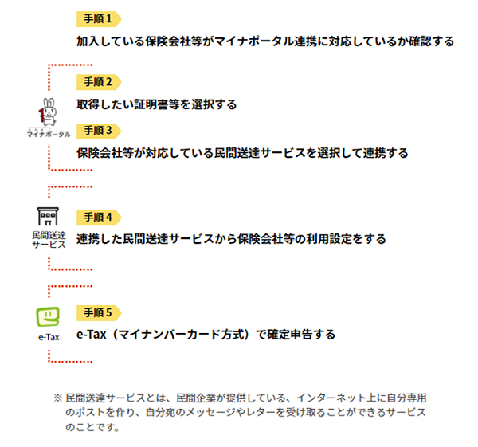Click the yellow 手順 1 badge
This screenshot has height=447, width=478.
pyautogui.click(x=99, y=19)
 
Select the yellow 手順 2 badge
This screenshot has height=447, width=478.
pyautogui.click(x=99, y=82)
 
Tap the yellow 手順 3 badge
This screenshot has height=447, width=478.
pyautogui.click(x=99, y=131)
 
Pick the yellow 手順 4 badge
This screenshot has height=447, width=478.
pyautogui.click(x=99, y=218)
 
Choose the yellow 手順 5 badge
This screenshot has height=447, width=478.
pyautogui.click(x=99, y=313)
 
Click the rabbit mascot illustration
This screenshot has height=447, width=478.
pyautogui.click(x=48, y=112)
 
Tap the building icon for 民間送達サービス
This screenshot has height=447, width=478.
pyautogui.click(x=48, y=216)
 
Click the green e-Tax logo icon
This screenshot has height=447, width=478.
pyautogui.click(x=48, y=317)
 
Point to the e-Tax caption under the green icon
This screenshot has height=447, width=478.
pyautogui.click(x=49, y=337)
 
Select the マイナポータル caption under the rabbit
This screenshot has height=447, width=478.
pyautogui.click(x=49, y=134)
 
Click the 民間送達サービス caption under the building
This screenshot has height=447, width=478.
pyautogui.click(x=49, y=240)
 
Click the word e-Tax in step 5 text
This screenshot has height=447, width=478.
pyautogui.click(x=91, y=335)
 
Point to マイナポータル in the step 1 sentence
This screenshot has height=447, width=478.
pyautogui.click(x=254, y=41)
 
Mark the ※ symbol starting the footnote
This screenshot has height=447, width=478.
pyautogui.click(x=58, y=398)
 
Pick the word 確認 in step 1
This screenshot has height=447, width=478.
pyautogui.click(x=420, y=41)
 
